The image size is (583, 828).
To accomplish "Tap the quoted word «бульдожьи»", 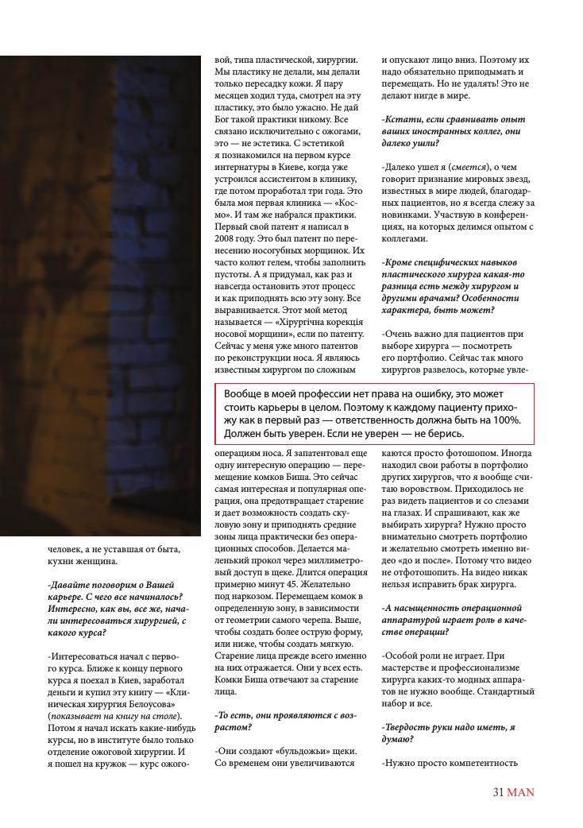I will pyautogui.click(x=292, y=751).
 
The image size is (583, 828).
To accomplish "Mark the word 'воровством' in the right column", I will pyautogui.click(x=420, y=494).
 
